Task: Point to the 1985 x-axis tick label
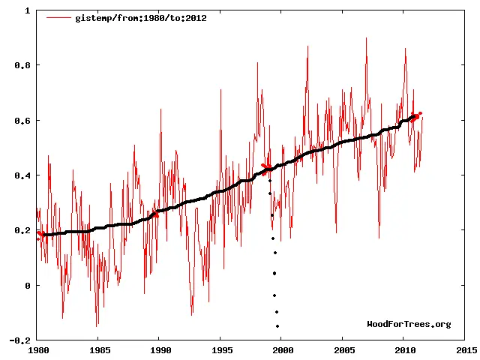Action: (x=98, y=349)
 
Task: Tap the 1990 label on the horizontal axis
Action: (x=160, y=349)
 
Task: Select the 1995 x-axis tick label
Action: (x=220, y=349)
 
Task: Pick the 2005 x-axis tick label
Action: (x=343, y=349)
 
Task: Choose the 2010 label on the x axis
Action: (x=404, y=349)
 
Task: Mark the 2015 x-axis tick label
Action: (x=465, y=349)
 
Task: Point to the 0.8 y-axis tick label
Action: (x=22, y=65)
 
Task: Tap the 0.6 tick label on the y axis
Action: (x=22, y=121)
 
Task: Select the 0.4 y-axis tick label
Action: (x=22, y=175)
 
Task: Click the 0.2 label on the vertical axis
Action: (x=22, y=230)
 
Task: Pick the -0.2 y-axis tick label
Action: (x=20, y=340)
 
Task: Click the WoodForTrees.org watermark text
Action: (x=409, y=324)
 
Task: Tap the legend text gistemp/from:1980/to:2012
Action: (x=140, y=18)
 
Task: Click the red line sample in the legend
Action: (x=58, y=18)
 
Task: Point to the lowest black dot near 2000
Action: (x=277, y=326)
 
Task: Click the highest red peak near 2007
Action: (x=367, y=38)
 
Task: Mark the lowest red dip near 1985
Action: (x=97, y=326)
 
